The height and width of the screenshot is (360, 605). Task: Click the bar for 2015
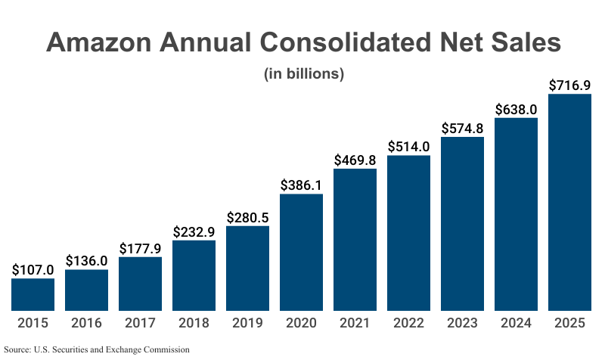tap(33, 294)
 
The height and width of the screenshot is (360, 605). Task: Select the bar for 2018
tap(194, 275)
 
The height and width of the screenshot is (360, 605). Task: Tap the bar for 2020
tap(301, 252)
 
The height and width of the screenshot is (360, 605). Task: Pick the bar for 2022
tap(408, 233)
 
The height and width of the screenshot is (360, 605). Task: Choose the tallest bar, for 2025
tap(569, 202)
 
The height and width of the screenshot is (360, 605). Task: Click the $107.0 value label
tap(33, 269)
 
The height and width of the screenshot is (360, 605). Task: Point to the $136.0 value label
tap(86, 260)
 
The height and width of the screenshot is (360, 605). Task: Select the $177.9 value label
tap(140, 248)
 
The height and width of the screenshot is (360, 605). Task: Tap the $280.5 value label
tap(247, 217)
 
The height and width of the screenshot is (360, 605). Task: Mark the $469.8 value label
tap(355, 160)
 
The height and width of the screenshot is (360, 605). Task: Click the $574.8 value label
tap(462, 128)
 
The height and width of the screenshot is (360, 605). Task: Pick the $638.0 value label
tap(516, 109)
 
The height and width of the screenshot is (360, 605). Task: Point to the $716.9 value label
tap(569, 85)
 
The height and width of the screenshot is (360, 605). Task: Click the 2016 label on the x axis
tap(86, 324)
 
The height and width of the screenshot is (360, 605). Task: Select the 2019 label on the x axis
tap(247, 324)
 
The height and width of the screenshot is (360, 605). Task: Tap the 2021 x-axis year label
tap(355, 324)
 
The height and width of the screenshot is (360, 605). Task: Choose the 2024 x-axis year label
tap(516, 324)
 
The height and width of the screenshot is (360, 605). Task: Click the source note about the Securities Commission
tap(96, 349)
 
